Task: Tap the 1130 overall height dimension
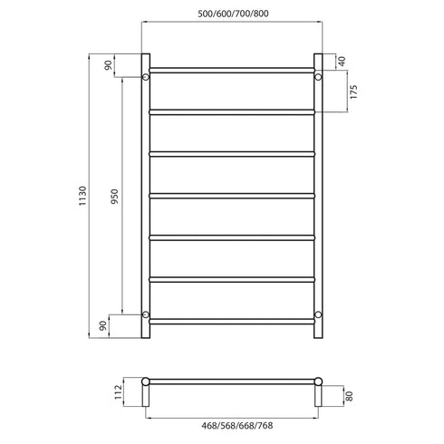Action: pyautogui.click(x=82, y=196)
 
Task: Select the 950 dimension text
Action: pyautogui.click(x=114, y=196)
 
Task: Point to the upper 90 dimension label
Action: pyautogui.click(x=109, y=64)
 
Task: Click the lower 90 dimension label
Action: pyautogui.click(x=109, y=324)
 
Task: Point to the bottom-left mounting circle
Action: pyautogui.click(x=145, y=314)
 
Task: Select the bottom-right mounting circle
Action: pyautogui.click(x=317, y=314)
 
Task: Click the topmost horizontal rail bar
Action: pyautogui.click(x=231, y=70)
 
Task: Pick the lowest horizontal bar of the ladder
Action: pyautogui.click(x=231, y=322)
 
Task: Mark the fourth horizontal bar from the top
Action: pyautogui.click(x=231, y=196)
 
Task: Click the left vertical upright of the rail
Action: pyautogui.click(x=145, y=196)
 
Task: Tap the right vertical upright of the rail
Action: pyautogui.click(x=317, y=196)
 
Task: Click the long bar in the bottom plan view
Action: pyautogui.click(x=231, y=380)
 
